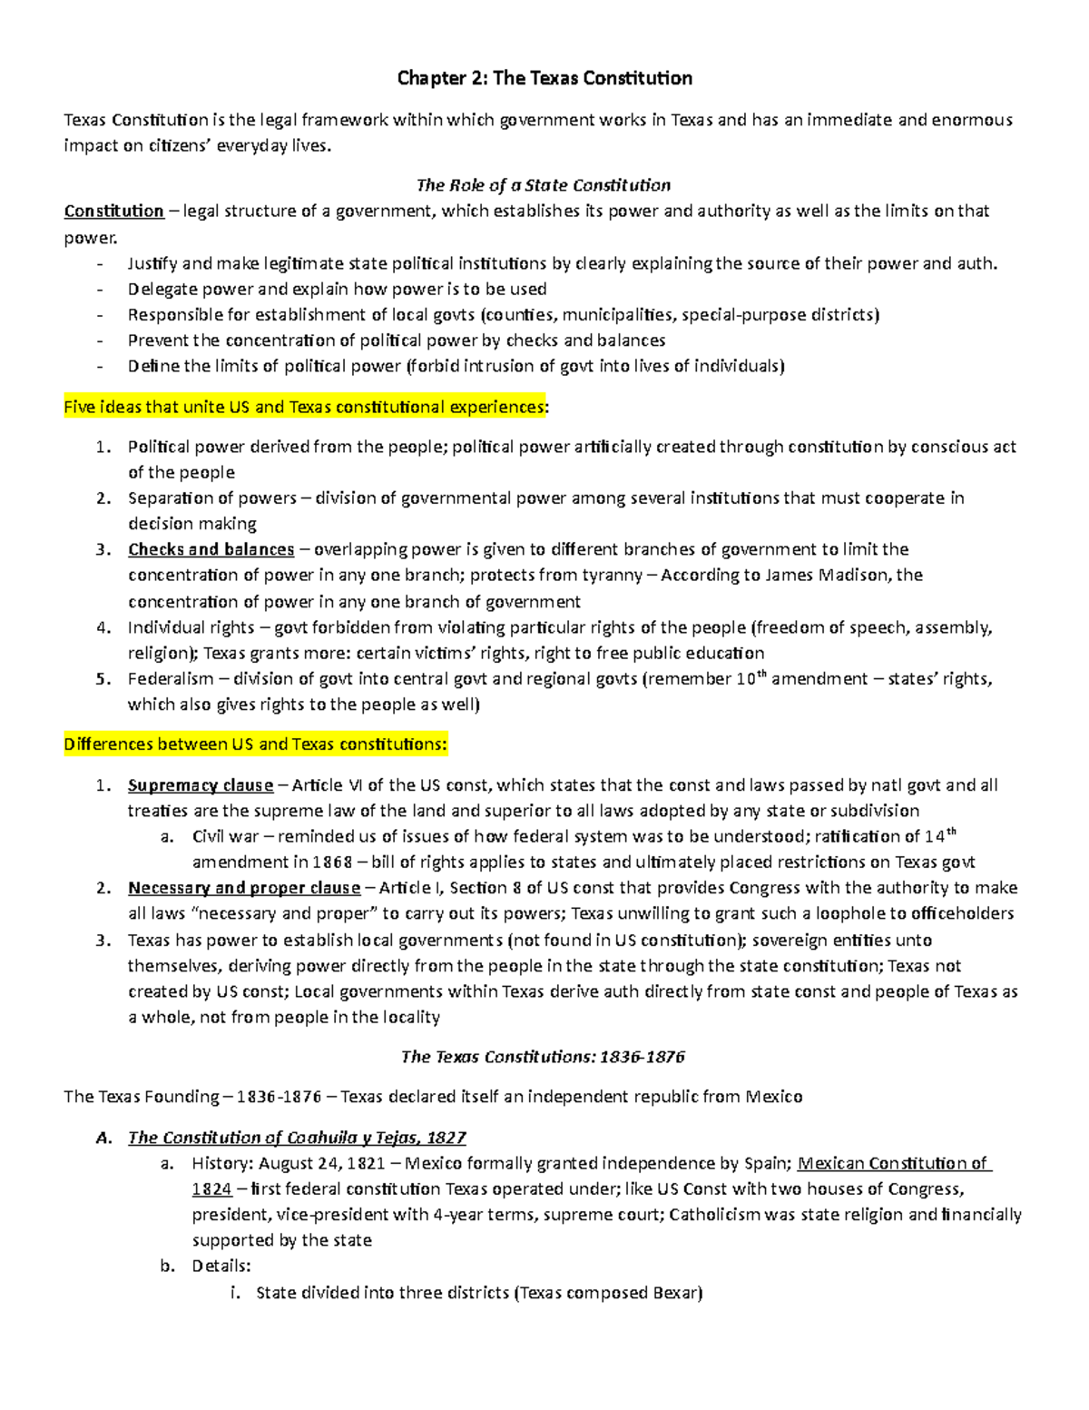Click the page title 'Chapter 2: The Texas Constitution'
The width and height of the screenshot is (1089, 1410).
[544, 79]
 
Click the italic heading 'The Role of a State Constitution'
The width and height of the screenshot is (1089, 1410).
[543, 185]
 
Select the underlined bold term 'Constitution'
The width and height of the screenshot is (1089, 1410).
[113, 212]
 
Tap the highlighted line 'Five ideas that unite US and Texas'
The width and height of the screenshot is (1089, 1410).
[304, 408]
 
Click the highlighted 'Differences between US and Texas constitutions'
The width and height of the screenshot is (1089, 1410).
[255, 744]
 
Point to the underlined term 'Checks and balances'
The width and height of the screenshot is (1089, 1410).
[211, 549]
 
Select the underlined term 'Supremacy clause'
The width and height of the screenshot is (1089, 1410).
[200, 785]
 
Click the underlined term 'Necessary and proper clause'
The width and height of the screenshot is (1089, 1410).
[243, 888]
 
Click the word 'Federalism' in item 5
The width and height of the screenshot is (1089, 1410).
[171, 679]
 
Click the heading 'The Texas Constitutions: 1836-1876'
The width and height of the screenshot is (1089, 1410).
[543, 1057]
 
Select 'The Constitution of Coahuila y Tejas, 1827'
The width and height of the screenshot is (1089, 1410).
[297, 1138]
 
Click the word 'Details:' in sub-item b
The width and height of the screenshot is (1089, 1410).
[221, 1266]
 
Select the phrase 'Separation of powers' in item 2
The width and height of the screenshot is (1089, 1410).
[211, 498]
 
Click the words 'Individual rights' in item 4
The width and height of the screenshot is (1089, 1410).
[191, 627]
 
